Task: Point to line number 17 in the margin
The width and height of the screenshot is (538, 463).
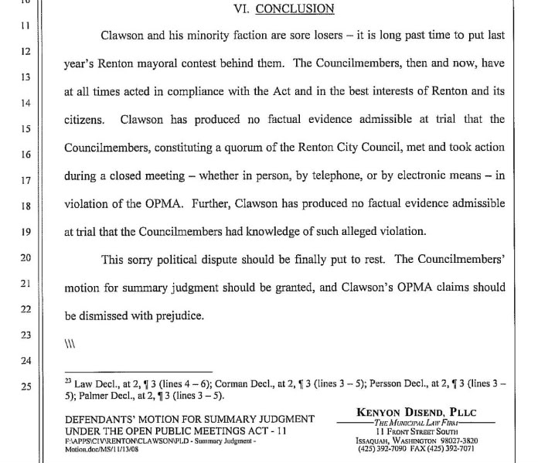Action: tap(24, 180)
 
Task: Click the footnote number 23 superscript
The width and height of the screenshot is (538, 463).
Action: tap(67, 380)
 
